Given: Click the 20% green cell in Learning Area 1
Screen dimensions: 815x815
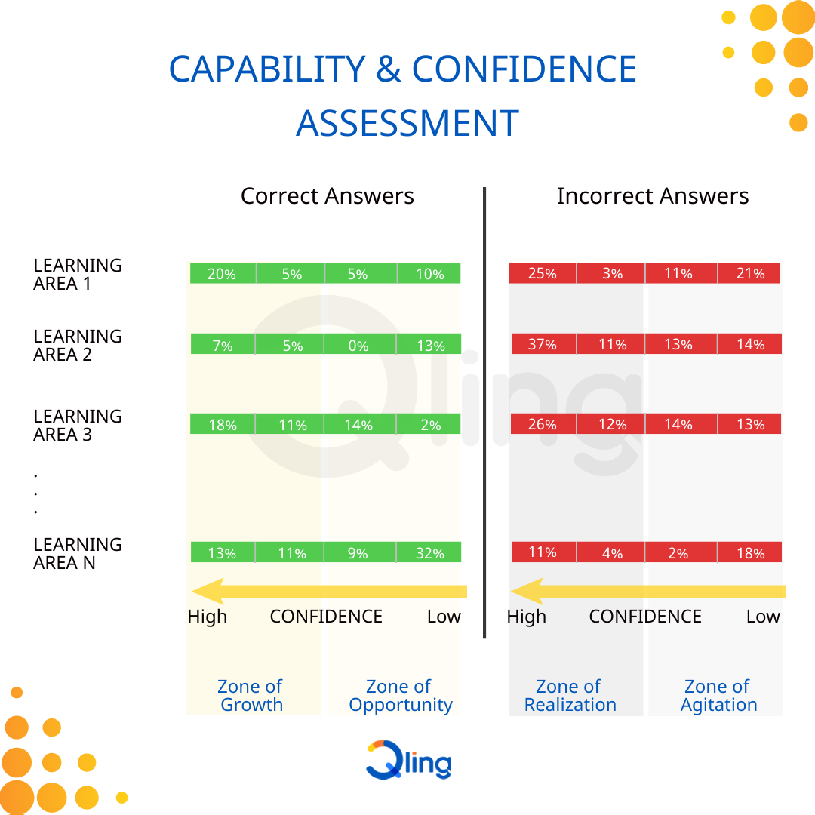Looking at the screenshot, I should tap(222, 274).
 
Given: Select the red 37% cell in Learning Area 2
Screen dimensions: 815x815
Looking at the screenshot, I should tap(543, 345).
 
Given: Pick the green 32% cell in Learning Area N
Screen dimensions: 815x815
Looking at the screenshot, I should tap(429, 553).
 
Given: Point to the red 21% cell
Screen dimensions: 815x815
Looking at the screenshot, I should tap(749, 273).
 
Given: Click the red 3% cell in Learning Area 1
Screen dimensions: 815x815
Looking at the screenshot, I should tap(611, 273).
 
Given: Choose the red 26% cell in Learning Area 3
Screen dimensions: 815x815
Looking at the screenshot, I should tap(543, 424).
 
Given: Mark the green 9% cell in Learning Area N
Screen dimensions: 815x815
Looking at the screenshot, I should tap(358, 553).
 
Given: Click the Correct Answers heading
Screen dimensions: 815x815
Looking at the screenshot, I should tap(327, 196).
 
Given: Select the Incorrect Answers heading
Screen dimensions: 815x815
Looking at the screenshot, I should tap(652, 196).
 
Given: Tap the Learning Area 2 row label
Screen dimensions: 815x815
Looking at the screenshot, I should tap(77, 345).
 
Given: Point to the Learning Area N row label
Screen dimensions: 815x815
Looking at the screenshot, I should tap(77, 553).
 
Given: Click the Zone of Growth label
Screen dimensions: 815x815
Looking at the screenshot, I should tap(250, 695).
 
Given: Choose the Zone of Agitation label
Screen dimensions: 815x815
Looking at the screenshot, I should tap(718, 695).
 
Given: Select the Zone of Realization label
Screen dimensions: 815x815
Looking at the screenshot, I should tap(570, 695).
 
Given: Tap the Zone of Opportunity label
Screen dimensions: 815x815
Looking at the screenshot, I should tap(400, 695).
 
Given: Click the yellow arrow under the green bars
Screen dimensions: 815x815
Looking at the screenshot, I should tap(329, 591).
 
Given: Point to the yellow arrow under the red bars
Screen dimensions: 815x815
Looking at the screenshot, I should tap(648, 591).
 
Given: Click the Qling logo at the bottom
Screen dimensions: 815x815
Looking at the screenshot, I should tap(408, 760).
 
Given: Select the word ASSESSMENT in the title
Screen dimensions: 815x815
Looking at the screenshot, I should tap(407, 123).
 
